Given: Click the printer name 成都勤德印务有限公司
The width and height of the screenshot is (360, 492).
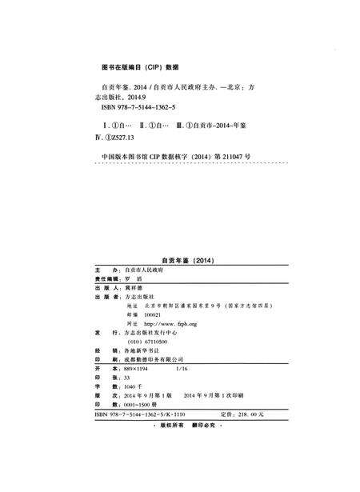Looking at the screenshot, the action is pos(154,360).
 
